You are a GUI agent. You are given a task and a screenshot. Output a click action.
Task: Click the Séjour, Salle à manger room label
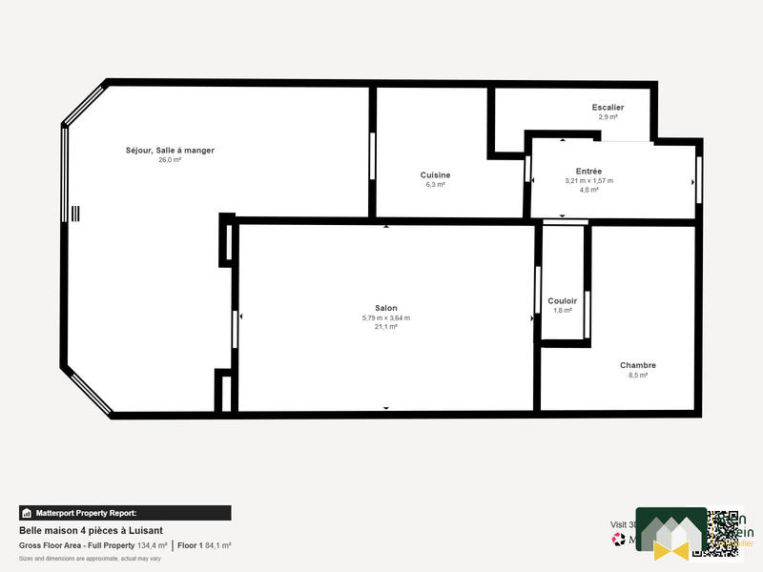click(170, 151)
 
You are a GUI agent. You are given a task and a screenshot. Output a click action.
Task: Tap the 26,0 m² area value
click(170, 160)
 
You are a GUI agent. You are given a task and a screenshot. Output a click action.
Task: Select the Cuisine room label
click(435, 174)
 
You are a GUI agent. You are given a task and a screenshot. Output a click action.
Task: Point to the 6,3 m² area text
click(435, 184)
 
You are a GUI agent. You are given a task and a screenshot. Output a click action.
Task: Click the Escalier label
click(608, 108)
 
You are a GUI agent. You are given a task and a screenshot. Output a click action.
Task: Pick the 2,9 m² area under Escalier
click(608, 117)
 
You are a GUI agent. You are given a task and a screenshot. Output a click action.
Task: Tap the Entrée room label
click(588, 171)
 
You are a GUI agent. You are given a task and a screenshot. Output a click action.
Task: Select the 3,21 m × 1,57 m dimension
click(588, 180)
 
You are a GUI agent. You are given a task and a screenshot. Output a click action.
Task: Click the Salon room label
click(385, 308)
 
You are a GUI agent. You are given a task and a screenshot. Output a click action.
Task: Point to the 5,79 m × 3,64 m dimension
click(385, 317)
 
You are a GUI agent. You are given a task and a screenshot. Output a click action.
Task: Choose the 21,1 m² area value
click(385, 327)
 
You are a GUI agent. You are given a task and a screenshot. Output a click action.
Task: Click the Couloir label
click(562, 300)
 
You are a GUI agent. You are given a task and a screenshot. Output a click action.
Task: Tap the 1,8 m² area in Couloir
click(562, 310)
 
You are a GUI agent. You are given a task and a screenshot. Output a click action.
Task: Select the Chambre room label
click(637, 365)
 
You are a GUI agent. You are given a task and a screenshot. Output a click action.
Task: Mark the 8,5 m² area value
click(637, 376)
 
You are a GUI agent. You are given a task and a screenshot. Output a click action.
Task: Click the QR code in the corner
click(725, 533)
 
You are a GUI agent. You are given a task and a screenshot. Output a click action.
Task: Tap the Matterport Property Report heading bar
click(125, 513)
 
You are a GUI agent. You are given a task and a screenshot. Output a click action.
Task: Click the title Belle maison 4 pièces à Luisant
click(91, 530)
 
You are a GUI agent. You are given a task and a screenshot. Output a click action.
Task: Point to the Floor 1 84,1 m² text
click(204, 545)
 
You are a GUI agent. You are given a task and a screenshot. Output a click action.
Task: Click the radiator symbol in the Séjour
click(75, 214)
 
